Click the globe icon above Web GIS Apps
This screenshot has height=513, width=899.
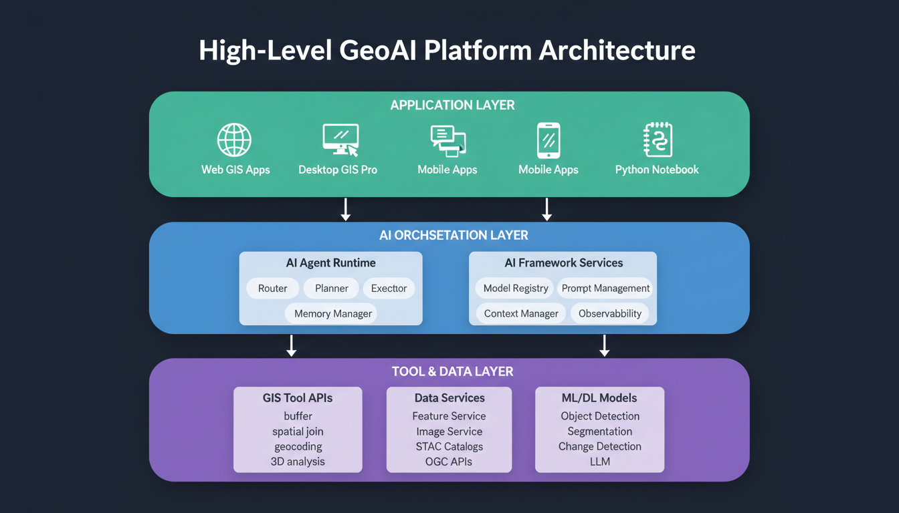(x=234, y=140)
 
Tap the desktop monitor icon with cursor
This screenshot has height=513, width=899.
(x=340, y=140)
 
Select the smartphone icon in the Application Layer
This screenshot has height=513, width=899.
(x=548, y=140)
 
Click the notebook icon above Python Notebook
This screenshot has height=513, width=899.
(x=658, y=140)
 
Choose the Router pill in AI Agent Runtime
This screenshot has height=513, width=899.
(x=272, y=288)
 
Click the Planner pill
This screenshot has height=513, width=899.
(x=331, y=288)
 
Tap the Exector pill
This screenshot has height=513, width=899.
(x=389, y=288)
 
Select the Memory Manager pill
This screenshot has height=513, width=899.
(x=332, y=313)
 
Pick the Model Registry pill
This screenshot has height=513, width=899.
(x=515, y=288)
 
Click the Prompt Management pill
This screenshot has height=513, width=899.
(x=605, y=288)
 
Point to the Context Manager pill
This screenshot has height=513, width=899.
(x=521, y=313)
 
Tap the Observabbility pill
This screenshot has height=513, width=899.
(x=609, y=313)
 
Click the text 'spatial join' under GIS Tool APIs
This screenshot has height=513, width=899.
(x=298, y=432)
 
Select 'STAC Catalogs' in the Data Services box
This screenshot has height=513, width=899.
(x=449, y=446)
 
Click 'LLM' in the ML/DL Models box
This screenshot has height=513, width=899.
(x=599, y=462)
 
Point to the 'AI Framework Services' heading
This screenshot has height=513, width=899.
(x=563, y=263)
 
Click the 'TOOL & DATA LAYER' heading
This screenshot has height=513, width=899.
(x=452, y=371)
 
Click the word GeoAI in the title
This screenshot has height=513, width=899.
(x=378, y=51)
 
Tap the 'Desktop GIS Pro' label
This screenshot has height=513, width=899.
(x=338, y=170)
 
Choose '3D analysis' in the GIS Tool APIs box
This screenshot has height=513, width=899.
(x=298, y=462)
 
